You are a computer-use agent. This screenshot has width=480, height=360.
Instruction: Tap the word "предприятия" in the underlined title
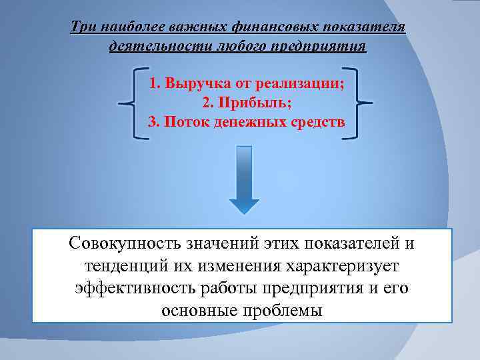point(328,47)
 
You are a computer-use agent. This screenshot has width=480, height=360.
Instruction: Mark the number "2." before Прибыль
point(207,104)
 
